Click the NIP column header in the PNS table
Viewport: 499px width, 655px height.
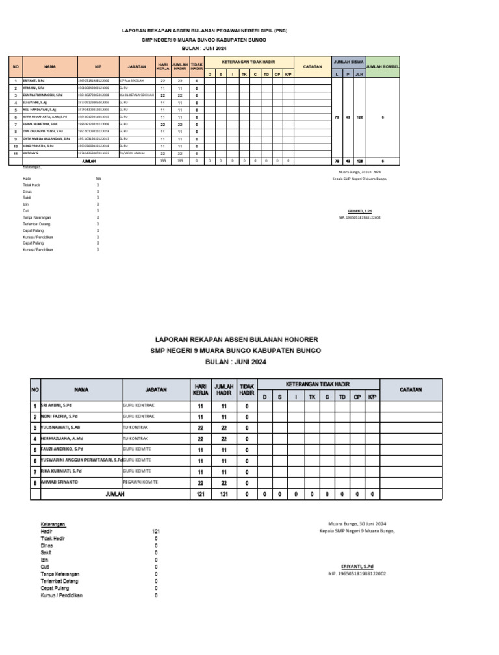coord(98,66)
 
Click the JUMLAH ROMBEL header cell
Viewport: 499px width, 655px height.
coord(383,66)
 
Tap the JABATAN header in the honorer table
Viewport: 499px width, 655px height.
coord(156,389)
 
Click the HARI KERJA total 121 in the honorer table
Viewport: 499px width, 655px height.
coord(200,495)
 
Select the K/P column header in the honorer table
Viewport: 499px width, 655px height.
coord(372,397)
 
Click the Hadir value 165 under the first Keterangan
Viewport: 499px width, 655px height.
coord(98,178)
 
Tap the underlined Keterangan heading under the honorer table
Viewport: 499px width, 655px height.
coord(53,524)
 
